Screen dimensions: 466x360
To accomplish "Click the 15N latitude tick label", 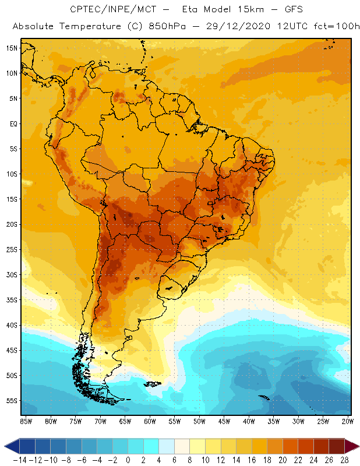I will [11, 48].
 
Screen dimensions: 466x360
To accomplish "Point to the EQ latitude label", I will [12, 123].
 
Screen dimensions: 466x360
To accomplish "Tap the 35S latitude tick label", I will [11, 300].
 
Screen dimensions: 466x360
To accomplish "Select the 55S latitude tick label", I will [11, 401].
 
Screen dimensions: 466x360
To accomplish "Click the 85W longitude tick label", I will [26, 421].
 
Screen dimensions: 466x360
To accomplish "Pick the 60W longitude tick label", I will [150, 421].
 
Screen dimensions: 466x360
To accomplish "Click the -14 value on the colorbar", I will [19, 460].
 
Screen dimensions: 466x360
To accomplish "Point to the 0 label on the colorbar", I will [128, 460].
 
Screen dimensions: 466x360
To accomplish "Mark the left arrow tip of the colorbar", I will [5, 446].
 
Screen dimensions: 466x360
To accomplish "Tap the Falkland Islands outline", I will [153, 383].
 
